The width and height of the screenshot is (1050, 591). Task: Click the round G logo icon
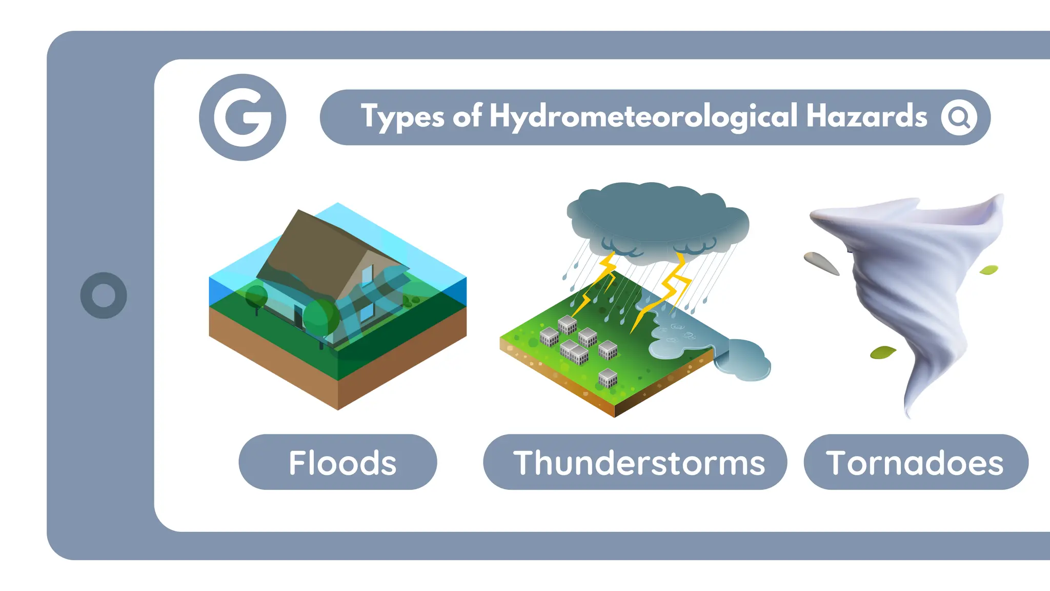(x=243, y=117)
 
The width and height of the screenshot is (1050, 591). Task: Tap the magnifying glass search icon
(x=959, y=117)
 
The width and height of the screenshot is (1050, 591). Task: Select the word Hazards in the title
(x=866, y=116)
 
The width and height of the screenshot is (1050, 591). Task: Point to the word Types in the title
(x=402, y=117)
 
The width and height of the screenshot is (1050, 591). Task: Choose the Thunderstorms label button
(x=635, y=462)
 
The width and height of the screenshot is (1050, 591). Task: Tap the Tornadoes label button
(x=916, y=462)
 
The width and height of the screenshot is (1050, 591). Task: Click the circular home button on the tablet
(x=104, y=295)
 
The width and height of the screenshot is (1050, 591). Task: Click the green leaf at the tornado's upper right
(x=989, y=269)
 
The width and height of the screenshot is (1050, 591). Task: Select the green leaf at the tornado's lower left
(x=883, y=352)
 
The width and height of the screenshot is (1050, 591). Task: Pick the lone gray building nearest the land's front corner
(x=608, y=378)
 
